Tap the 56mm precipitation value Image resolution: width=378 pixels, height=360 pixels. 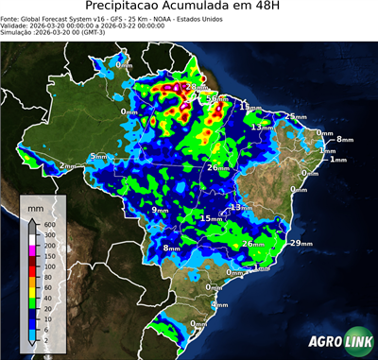point(216,98)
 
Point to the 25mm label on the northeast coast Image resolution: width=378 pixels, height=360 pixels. point(296,116)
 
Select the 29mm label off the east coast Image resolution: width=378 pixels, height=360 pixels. point(300,244)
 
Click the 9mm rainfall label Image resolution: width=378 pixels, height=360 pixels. point(161,210)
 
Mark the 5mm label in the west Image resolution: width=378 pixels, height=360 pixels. point(98,157)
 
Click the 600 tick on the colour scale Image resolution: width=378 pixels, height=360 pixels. point(48,224)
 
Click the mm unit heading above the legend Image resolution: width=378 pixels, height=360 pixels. point(35,205)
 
